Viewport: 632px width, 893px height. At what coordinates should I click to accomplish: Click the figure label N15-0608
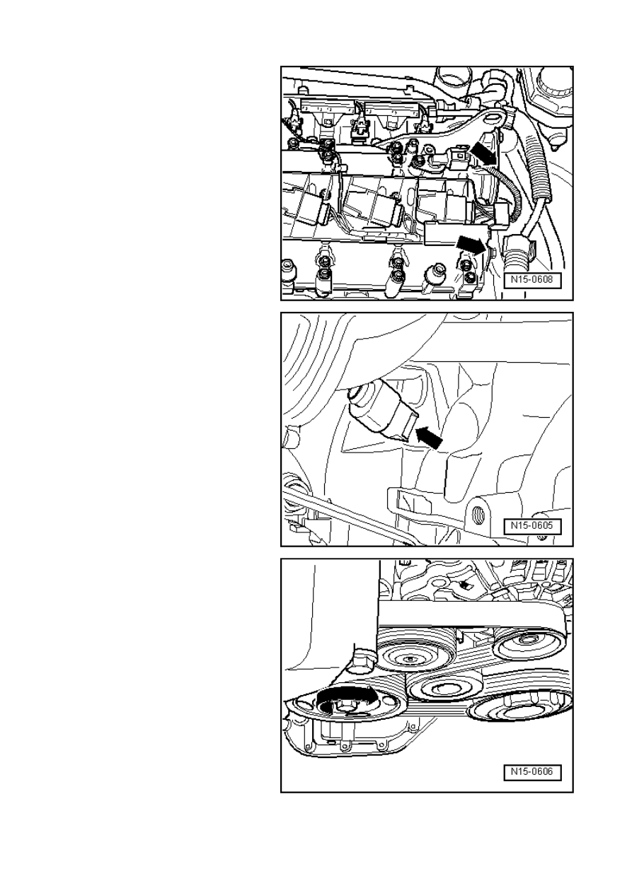[x=532, y=279]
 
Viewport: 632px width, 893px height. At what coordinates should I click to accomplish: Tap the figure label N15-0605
[x=532, y=526]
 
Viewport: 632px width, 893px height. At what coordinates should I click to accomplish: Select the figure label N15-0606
[x=532, y=771]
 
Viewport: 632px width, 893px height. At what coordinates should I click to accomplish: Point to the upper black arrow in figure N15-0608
[x=483, y=153]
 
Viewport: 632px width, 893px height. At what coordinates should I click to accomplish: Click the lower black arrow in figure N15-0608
[x=471, y=244]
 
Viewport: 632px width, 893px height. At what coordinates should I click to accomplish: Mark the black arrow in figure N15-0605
[x=429, y=437]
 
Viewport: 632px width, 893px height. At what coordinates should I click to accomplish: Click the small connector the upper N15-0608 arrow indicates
[x=461, y=156]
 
